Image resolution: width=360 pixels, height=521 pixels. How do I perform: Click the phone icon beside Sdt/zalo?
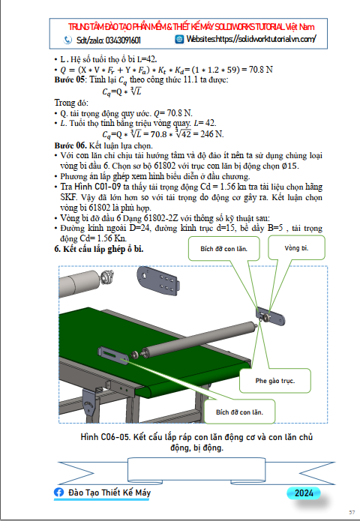point(67,40)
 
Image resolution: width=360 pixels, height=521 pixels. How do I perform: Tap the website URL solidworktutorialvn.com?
point(266,39)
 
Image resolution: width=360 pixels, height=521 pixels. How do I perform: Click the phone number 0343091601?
point(123,40)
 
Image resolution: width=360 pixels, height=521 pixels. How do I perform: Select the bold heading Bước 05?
point(70,79)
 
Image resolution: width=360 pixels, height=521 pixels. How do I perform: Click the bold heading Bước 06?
point(70,145)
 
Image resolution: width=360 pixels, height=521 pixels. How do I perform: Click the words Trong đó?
point(71,103)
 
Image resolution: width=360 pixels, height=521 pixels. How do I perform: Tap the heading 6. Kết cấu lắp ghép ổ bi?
point(99,249)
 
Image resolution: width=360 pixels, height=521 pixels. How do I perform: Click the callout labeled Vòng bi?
point(296,248)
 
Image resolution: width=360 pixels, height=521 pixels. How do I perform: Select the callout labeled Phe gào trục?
point(275,381)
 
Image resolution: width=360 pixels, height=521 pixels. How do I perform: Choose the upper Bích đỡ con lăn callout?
point(223,249)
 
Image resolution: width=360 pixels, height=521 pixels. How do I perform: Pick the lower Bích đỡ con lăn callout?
point(239,412)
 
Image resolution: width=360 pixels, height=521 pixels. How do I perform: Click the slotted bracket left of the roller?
point(113,355)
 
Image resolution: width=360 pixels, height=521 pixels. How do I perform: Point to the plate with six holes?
point(158,280)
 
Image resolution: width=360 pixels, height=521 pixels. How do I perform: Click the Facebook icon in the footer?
point(58,493)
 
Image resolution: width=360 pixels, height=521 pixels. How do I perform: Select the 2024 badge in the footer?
point(304,493)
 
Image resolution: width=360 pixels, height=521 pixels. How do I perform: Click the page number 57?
point(352,513)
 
